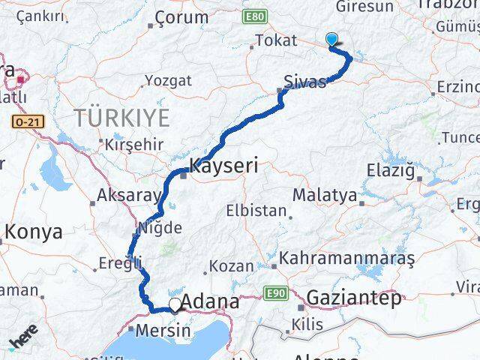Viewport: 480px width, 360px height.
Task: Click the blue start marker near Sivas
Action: (332, 41)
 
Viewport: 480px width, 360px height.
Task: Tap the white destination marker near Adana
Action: (175, 304)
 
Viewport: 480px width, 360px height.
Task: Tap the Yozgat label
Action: (168, 79)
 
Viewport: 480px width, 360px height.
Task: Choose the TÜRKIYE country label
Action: (121, 117)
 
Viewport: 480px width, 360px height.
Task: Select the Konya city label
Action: (33, 232)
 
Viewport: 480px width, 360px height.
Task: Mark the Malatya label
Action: (324, 195)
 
